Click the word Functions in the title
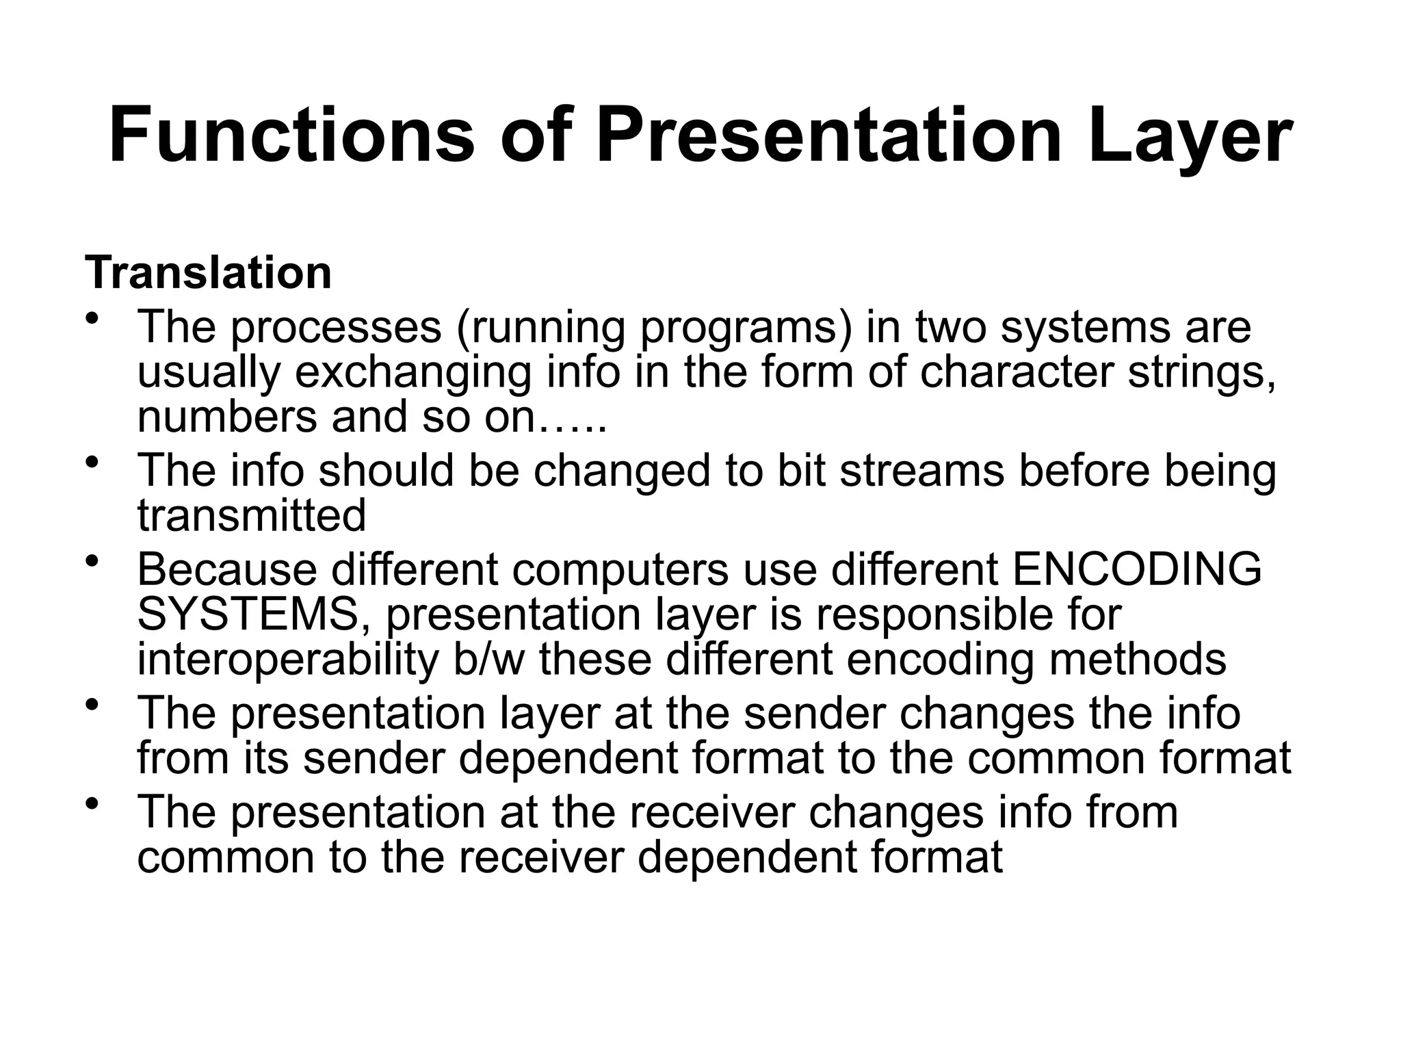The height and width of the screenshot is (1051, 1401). [291, 135]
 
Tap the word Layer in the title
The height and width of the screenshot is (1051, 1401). [1189, 135]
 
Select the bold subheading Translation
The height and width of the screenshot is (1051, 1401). [208, 273]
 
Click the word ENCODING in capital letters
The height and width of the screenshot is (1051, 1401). [1136, 569]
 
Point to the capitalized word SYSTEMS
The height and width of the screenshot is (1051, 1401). [248, 614]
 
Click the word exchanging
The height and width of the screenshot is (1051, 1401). [413, 374]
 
